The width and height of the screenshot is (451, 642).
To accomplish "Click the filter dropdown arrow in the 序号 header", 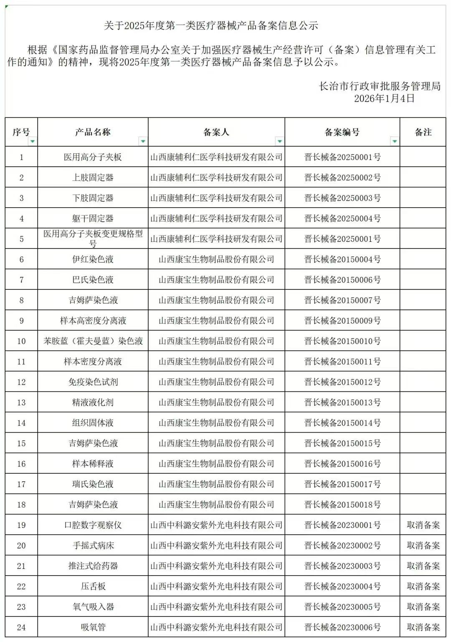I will click(x=33, y=142).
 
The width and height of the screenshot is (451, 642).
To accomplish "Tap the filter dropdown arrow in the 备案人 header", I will click(x=279, y=142).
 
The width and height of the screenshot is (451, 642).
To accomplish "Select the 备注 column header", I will click(x=423, y=132).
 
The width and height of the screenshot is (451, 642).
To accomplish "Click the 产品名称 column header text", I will click(x=93, y=132).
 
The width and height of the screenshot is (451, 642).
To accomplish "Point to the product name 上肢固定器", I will click(x=93, y=178).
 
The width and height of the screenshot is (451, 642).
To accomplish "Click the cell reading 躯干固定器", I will click(x=93, y=218).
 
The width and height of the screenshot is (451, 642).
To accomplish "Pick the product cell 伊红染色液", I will click(x=93, y=259).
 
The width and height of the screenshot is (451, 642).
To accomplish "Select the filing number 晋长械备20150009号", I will click(x=342, y=321).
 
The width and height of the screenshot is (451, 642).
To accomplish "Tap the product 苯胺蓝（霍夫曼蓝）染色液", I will click(x=93, y=341).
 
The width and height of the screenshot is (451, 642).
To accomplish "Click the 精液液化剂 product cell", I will click(x=93, y=403).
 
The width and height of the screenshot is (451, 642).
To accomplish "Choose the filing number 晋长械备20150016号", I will click(x=342, y=464).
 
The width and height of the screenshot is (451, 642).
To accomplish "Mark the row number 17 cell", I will click(x=21, y=485).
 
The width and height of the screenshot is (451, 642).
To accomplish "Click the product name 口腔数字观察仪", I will click(x=93, y=525).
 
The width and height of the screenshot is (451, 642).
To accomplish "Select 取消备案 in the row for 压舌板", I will click(x=423, y=586).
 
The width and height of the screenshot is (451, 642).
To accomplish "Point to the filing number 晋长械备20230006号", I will click(x=342, y=627).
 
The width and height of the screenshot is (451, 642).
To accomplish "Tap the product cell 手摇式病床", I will click(x=93, y=546).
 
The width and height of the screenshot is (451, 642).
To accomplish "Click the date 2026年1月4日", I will click(x=384, y=99).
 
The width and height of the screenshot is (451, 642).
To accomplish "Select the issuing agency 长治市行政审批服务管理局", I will click(x=380, y=86).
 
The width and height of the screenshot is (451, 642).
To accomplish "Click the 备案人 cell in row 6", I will click(x=216, y=259).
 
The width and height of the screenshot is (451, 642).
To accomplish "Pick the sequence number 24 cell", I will click(x=21, y=627).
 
